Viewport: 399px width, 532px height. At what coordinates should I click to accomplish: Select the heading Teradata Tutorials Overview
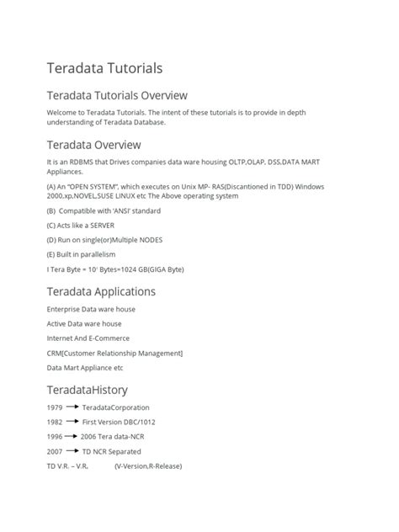pos(117,95)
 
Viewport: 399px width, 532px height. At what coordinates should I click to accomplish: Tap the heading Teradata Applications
pos(102,291)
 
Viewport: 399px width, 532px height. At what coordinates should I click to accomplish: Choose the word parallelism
pos(96,254)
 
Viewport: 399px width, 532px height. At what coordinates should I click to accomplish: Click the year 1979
pos(56,407)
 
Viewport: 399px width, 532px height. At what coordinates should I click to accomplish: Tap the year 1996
pos(56,437)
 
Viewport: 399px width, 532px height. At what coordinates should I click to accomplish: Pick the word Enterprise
pos(66,310)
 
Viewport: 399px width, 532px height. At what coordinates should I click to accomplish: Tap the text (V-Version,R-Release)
pos(148,465)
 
